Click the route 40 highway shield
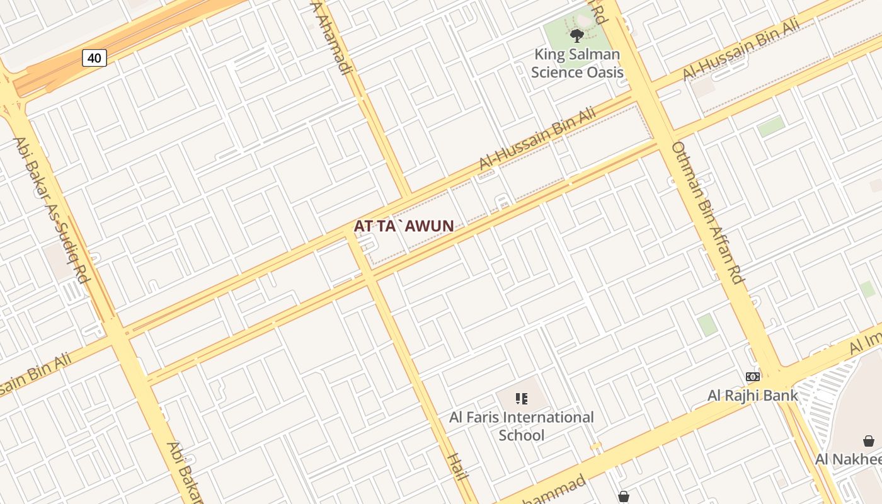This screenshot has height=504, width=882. click(94, 58)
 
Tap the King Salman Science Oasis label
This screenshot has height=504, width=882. click(577, 63)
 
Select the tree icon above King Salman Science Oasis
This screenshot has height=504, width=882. click(576, 35)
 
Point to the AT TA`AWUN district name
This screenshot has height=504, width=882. click(404, 226)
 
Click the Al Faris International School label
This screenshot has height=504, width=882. click(522, 426)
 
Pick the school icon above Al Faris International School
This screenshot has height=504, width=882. click(522, 398)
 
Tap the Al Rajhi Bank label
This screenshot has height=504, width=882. click(753, 396)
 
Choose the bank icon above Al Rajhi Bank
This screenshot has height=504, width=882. click(753, 377)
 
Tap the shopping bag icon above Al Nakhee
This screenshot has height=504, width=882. click(868, 441)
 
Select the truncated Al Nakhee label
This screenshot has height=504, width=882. click(848, 459)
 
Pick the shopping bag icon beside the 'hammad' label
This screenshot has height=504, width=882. click(624, 496)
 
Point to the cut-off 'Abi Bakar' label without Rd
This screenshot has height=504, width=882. click(182, 472)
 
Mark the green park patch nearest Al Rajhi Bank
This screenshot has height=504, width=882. click(707, 325)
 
